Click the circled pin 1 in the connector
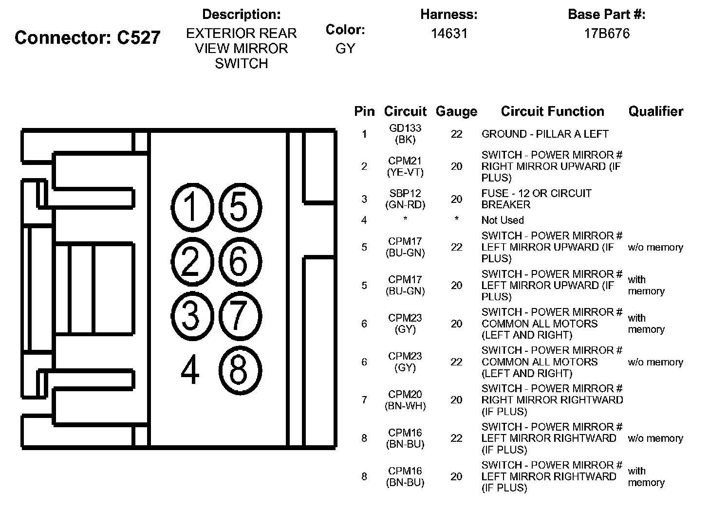coord(191,207)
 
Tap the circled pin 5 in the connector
coord(239,207)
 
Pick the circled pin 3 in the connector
coord(191,314)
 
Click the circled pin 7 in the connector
coord(239,314)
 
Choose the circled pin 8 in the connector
coord(239,370)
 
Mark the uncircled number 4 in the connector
coord(190,370)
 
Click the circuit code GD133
coord(405,128)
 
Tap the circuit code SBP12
coord(405,193)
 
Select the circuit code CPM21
coord(405,161)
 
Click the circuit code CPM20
coord(405,394)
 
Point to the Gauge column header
coord(456,111)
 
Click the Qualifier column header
coord(655,111)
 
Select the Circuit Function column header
coord(552,111)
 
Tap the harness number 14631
coord(449,33)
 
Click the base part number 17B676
coord(607,33)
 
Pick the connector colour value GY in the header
coord(345,49)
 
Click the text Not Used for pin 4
coord(503,220)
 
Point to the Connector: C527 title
coord(88,37)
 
